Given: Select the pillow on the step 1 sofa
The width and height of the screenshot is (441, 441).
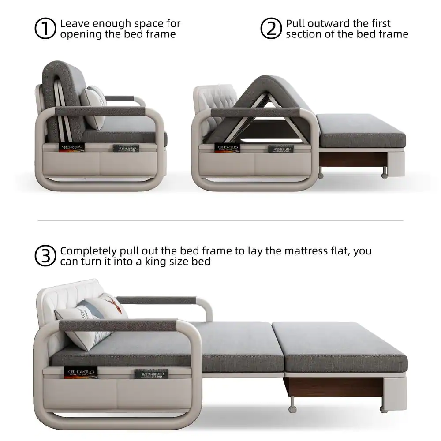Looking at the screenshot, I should pyautogui.click(x=93, y=106).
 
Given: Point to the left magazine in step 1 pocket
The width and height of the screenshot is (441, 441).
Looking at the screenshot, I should pyautogui.click(x=71, y=147).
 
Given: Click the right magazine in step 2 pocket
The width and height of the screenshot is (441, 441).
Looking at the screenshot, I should pyautogui.click(x=280, y=149).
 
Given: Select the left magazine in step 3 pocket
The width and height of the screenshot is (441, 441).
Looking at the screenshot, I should pyautogui.click(x=80, y=372).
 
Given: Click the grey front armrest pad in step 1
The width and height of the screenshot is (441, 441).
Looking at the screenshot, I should pyautogui.click(x=99, y=111).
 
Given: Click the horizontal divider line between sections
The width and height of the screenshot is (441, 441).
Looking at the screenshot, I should pyautogui.click(x=220, y=220).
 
